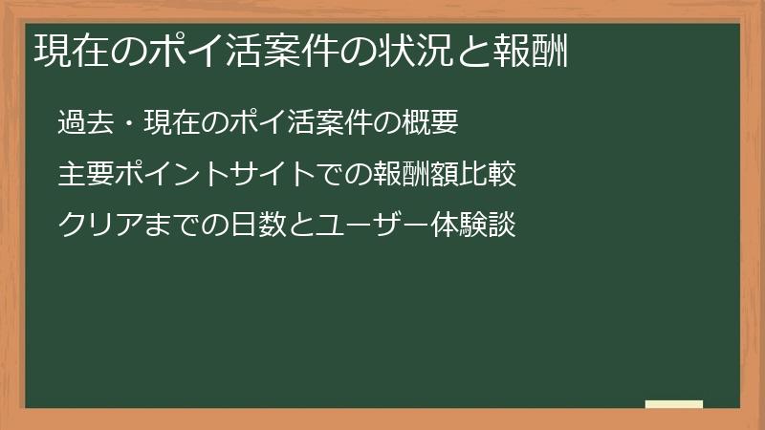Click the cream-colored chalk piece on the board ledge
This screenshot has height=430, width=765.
(674, 404)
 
